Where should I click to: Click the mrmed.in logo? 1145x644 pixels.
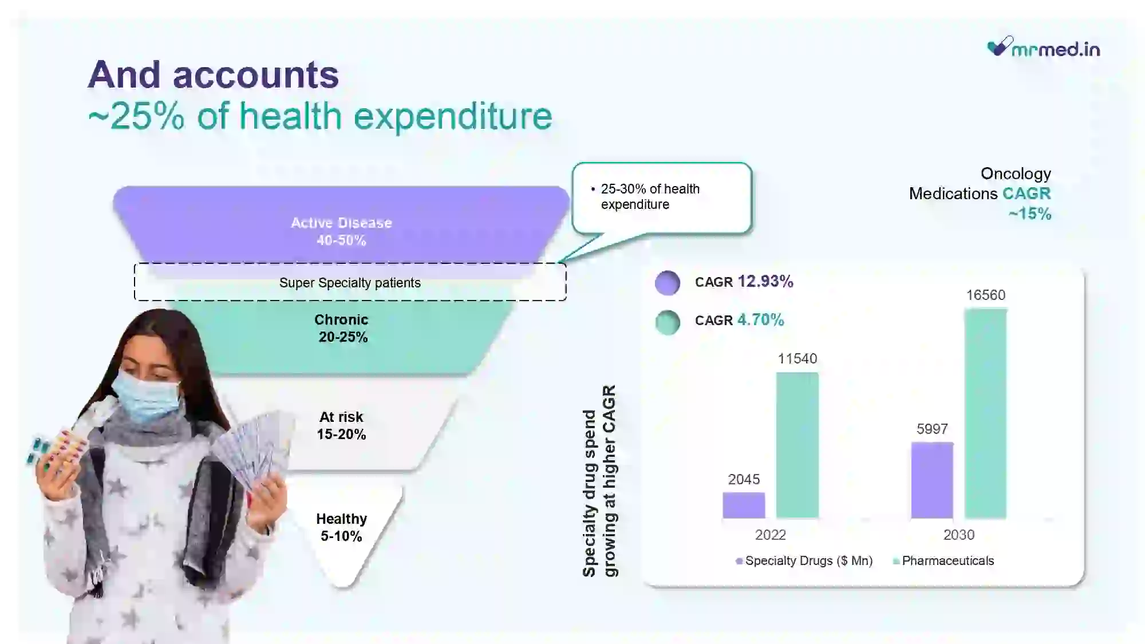pos(1044,47)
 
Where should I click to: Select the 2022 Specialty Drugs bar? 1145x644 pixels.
pos(744,505)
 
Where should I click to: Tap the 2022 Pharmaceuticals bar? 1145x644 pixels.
pos(797,445)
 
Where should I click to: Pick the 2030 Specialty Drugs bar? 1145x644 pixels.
pos(932,480)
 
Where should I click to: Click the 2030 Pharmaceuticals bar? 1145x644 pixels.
pos(985,413)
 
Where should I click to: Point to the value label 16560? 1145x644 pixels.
pos(986,295)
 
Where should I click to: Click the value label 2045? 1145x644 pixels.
pos(744,479)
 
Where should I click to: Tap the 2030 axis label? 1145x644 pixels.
pos(959,535)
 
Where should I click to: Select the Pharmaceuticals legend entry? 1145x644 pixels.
pos(943,561)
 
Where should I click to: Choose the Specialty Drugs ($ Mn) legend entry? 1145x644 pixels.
pos(804,561)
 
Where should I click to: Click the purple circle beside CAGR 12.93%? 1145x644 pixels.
pos(668,283)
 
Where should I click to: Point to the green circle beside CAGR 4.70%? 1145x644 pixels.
pos(668,322)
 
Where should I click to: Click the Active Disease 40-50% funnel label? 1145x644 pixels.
pos(341,231)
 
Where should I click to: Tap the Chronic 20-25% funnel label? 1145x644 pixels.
pos(342,328)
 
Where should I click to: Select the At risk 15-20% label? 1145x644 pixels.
pos(341,425)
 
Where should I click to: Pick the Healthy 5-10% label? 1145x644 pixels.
pos(341,527)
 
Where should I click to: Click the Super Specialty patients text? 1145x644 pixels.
pos(350,283)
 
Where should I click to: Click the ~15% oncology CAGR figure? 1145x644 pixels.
pos(1030,214)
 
